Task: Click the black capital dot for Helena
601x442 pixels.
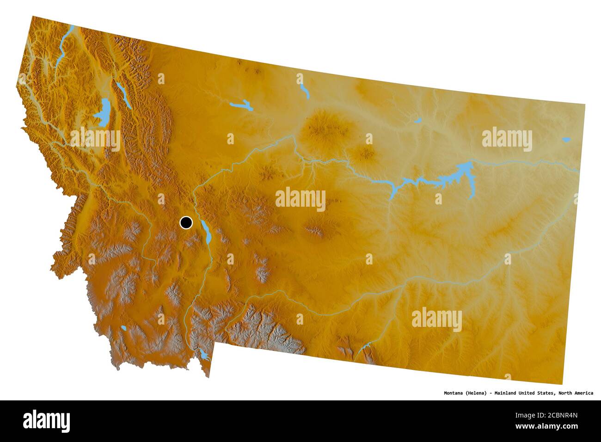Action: (186, 223)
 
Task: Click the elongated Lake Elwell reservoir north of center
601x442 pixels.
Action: (241, 106)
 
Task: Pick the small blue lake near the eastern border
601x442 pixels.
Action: (566, 139)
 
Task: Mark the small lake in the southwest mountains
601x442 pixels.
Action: (124, 329)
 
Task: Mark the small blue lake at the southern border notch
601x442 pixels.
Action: (203, 355)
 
